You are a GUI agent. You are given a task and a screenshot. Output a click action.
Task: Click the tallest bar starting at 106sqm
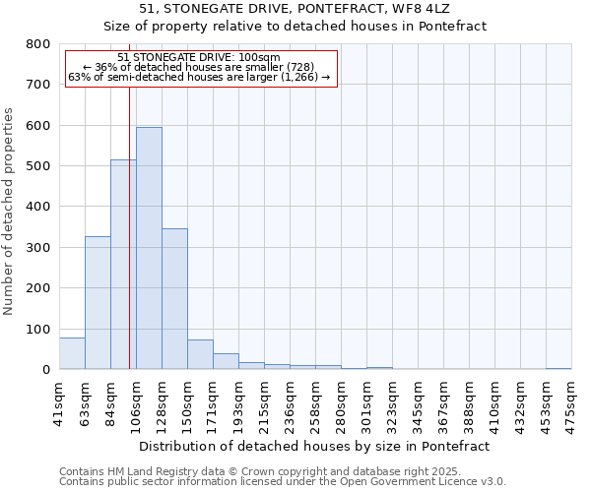pyautogui.click(x=149, y=248)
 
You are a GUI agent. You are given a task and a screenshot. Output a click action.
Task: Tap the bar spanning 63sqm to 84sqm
pyautogui.click(x=98, y=302)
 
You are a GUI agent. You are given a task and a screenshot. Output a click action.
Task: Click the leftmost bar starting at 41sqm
pyautogui.click(x=72, y=353)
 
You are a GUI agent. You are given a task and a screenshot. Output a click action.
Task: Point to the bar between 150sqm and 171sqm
pyautogui.click(x=200, y=354)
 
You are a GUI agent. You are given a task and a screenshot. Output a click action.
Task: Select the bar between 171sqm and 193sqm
pyautogui.click(x=226, y=361)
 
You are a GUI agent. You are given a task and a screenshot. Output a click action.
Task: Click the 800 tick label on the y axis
pyautogui.click(x=37, y=44)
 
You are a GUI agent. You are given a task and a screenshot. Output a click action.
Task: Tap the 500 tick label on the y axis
pyautogui.click(x=37, y=166)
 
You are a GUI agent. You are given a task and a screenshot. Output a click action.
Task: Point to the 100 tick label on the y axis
pyautogui.click(x=37, y=329)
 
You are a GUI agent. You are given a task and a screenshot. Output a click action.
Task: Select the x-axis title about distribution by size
pyautogui.click(x=314, y=446)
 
